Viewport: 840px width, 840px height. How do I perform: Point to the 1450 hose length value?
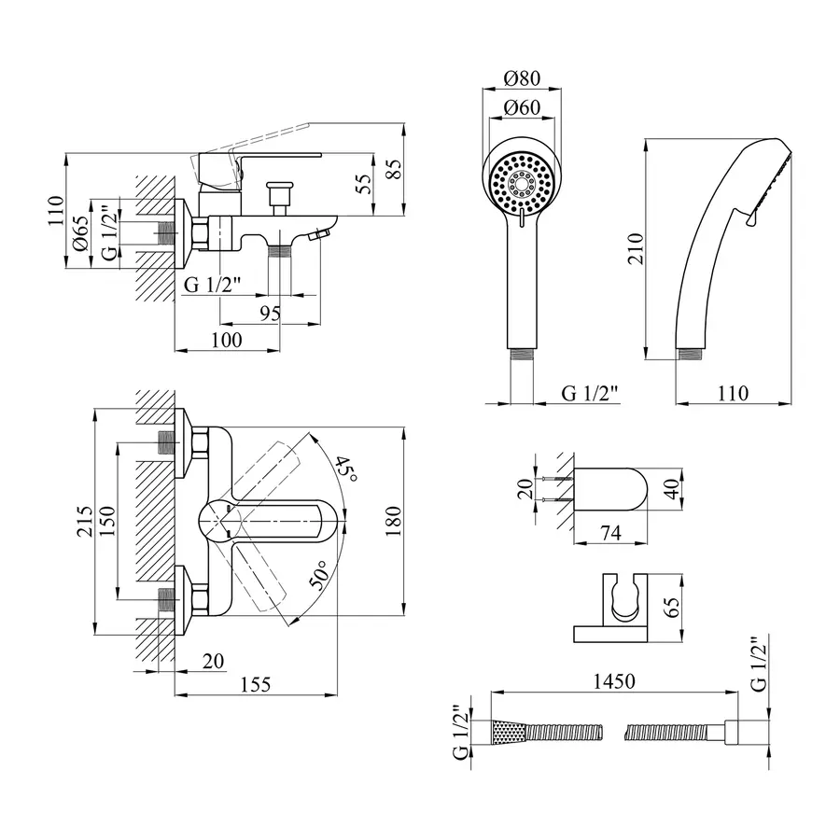612,681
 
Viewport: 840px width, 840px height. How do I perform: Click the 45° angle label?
346,469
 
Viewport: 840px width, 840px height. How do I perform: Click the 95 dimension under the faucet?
269,314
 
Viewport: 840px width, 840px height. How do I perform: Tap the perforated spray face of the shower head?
523,184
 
